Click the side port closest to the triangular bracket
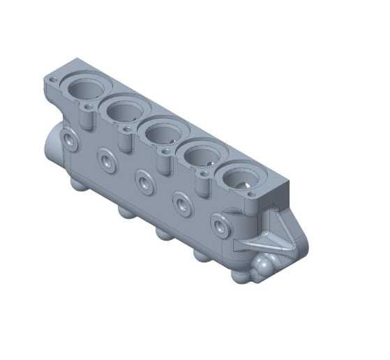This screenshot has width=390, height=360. pyautogui.click(x=220, y=227)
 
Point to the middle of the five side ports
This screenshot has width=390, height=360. pyautogui.click(x=144, y=183)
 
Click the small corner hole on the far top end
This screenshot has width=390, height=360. pyautogui.click(x=54, y=79)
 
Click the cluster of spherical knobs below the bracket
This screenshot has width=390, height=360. pyautogui.click(x=264, y=267)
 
